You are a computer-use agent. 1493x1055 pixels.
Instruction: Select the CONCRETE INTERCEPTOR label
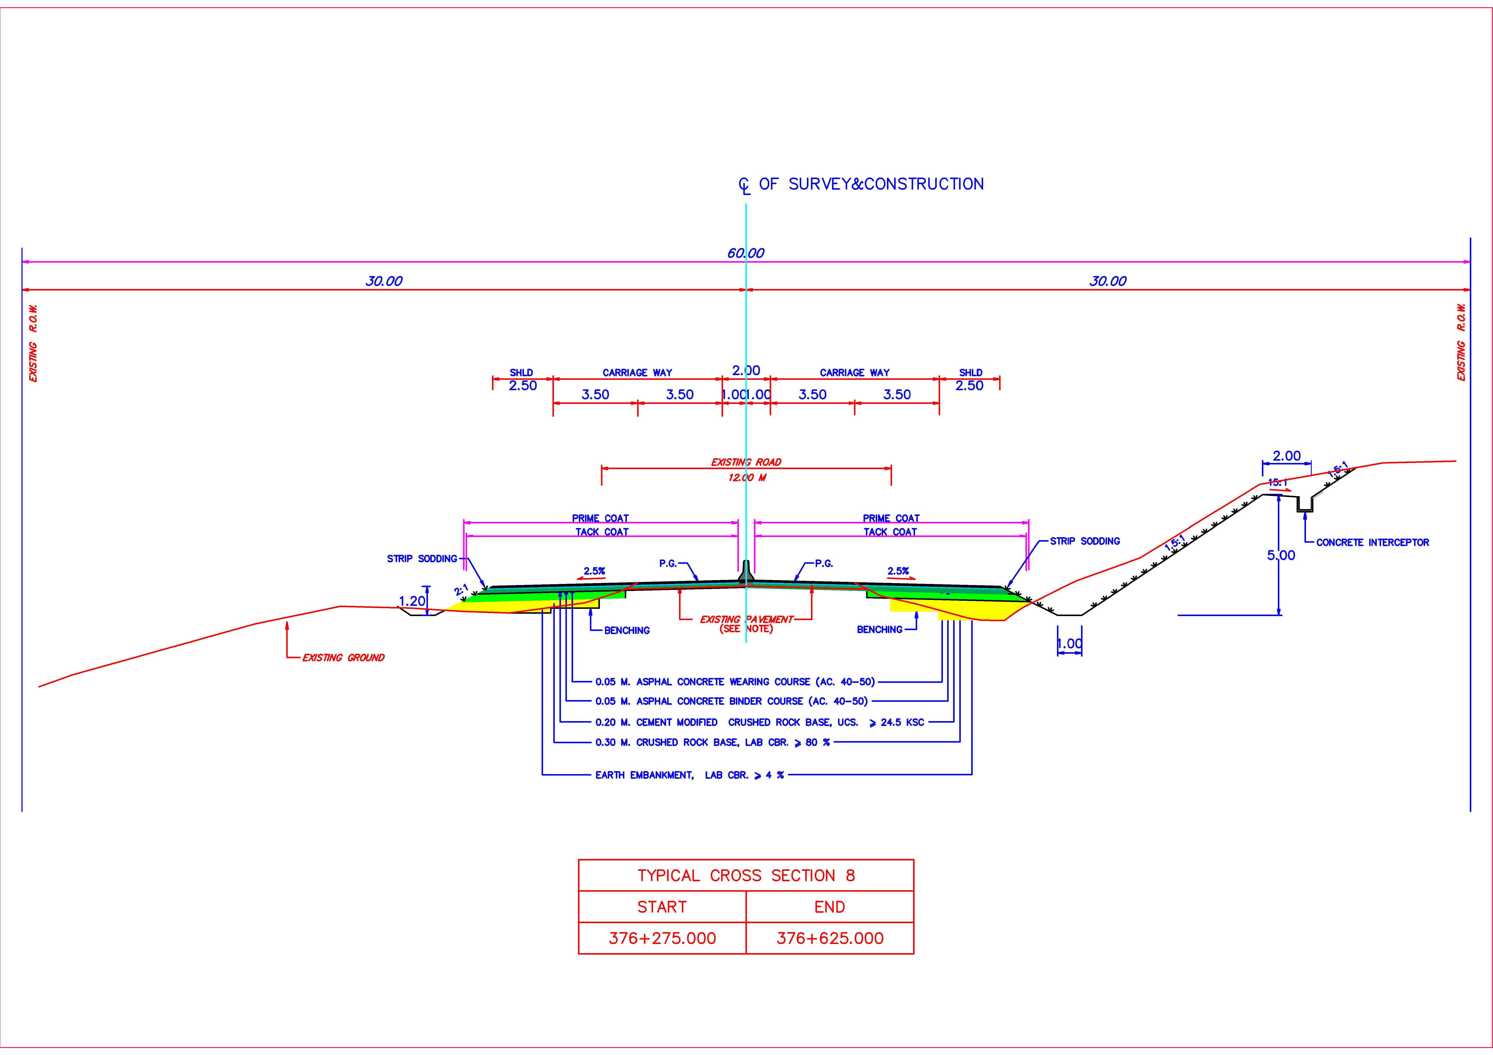(x=1372, y=542)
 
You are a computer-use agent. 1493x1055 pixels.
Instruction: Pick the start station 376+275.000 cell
(x=662, y=938)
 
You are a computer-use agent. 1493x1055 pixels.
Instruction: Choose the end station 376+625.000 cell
(x=830, y=938)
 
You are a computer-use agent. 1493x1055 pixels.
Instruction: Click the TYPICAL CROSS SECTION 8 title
(x=746, y=876)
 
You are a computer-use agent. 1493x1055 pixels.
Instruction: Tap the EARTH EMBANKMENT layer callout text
(x=689, y=775)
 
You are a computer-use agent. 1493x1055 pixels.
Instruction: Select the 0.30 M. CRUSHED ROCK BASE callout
(x=712, y=742)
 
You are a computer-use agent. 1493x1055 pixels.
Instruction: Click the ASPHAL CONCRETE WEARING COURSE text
(x=735, y=682)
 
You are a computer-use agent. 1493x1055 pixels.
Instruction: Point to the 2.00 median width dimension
(x=746, y=370)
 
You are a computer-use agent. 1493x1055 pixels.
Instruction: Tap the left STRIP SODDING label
(x=422, y=558)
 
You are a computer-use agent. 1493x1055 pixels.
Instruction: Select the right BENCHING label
(x=879, y=629)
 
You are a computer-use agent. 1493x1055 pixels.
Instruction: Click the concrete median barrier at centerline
(x=746, y=572)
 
